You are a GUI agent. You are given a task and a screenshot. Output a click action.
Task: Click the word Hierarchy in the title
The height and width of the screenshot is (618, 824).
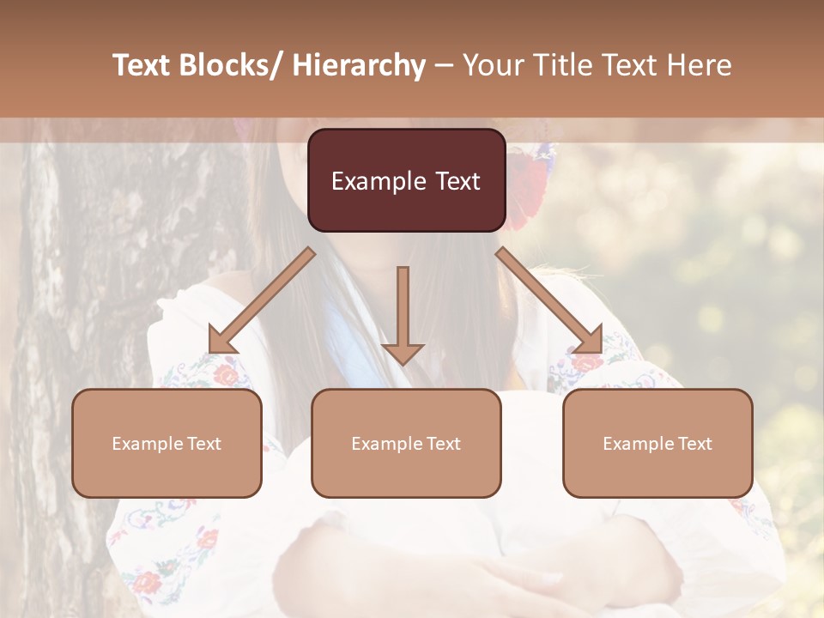click(x=359, y=65)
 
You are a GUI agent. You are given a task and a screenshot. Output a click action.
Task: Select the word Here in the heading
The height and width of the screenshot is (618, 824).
click(x=700, y=65)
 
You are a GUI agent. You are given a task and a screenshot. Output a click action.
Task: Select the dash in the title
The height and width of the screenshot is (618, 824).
click(x=444, y=66)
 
